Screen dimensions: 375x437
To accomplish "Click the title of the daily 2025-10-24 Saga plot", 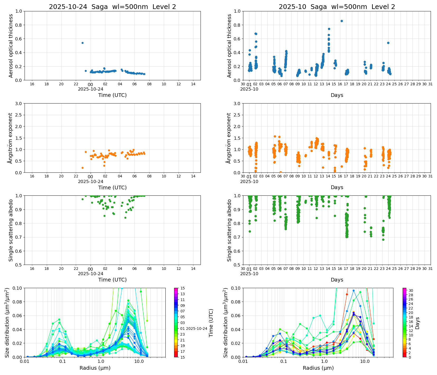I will (x=112, y=7).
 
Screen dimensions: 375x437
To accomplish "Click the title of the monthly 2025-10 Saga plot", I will (x=337, y=7).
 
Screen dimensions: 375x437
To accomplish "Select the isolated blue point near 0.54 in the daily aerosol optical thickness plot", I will (x=82, y=43).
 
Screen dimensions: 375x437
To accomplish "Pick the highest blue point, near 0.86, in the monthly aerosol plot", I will (x=342, y=21).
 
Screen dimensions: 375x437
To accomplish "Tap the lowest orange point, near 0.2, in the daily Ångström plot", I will (x=82, y=168).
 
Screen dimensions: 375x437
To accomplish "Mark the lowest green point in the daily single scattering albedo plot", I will (x=125, y=218).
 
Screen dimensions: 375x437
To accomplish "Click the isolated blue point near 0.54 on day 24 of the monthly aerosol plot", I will (x=388, y=43).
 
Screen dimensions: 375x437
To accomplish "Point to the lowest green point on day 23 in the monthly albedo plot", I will (x=383, y=240).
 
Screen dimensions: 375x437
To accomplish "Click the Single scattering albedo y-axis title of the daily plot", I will (x=11, y=230).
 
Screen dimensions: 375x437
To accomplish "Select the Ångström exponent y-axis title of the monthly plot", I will (x=229, y=138).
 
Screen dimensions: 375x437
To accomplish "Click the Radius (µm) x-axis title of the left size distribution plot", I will (x=95, y=368).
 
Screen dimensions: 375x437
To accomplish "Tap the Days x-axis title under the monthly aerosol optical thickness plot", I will (x=337, y=95).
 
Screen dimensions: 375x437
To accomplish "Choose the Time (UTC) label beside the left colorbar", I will (x=211, y=323).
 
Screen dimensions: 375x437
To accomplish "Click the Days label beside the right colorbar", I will (x=417, y=323).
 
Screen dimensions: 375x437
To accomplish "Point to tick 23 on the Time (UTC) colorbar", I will (x=183, y=334).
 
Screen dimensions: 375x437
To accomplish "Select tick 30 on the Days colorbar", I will (x=411, y=290).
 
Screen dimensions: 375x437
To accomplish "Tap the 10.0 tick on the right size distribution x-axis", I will (x=365, y=361).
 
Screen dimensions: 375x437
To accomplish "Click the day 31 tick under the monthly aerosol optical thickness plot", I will (x=430, y=84).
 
